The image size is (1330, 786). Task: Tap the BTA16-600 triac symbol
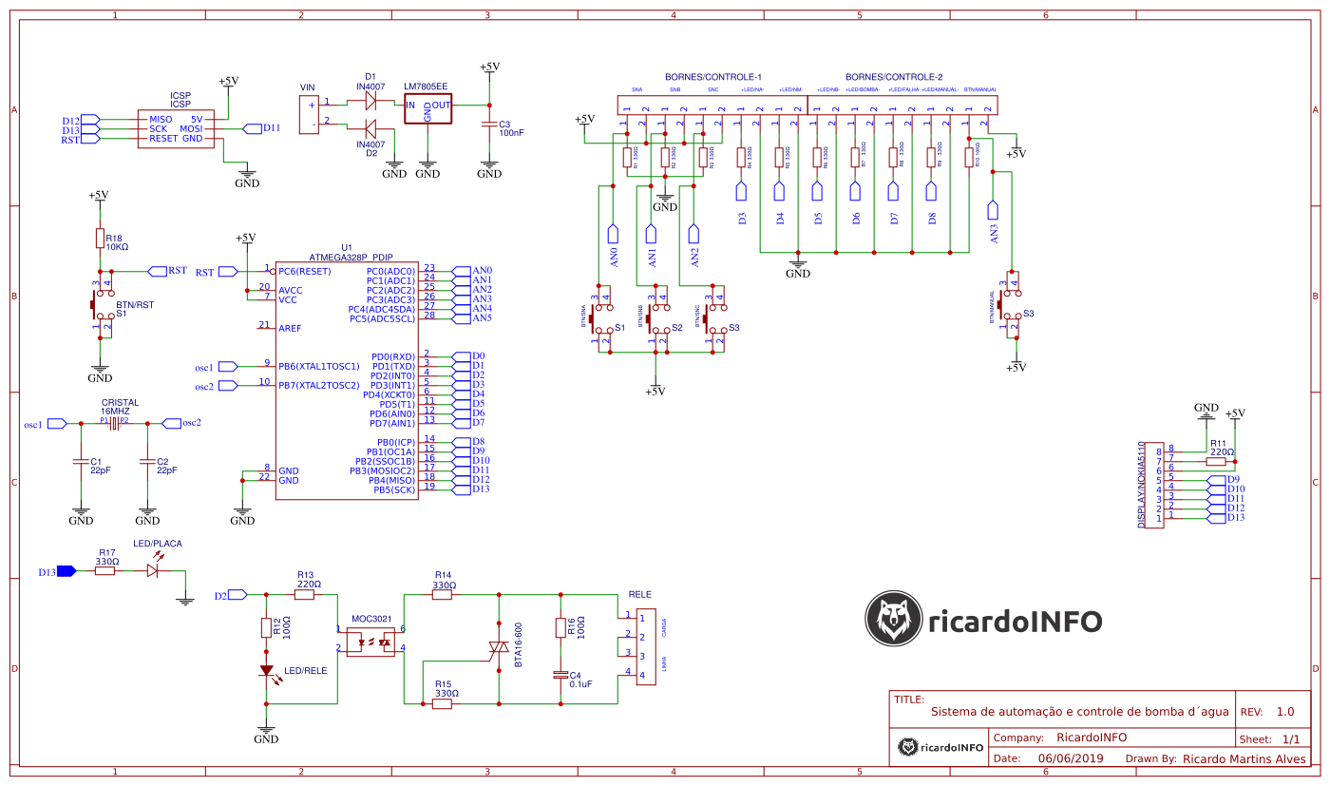click(498, 650)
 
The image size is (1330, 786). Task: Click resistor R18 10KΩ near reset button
click(99, 239)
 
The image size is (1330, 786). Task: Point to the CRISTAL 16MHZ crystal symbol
click(114, 424)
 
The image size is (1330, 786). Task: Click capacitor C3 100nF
click(489, 125)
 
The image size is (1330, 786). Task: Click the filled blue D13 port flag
click(66, 571)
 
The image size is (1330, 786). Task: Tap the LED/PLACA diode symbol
click(153, 570)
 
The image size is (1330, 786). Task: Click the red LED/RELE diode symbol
click(267, 670)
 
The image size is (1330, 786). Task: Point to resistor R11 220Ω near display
click(1215, 459)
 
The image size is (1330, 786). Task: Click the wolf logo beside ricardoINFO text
click(894, 620)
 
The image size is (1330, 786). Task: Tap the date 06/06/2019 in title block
click(1071, 758)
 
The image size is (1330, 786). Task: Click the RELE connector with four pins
click(645, 646)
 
